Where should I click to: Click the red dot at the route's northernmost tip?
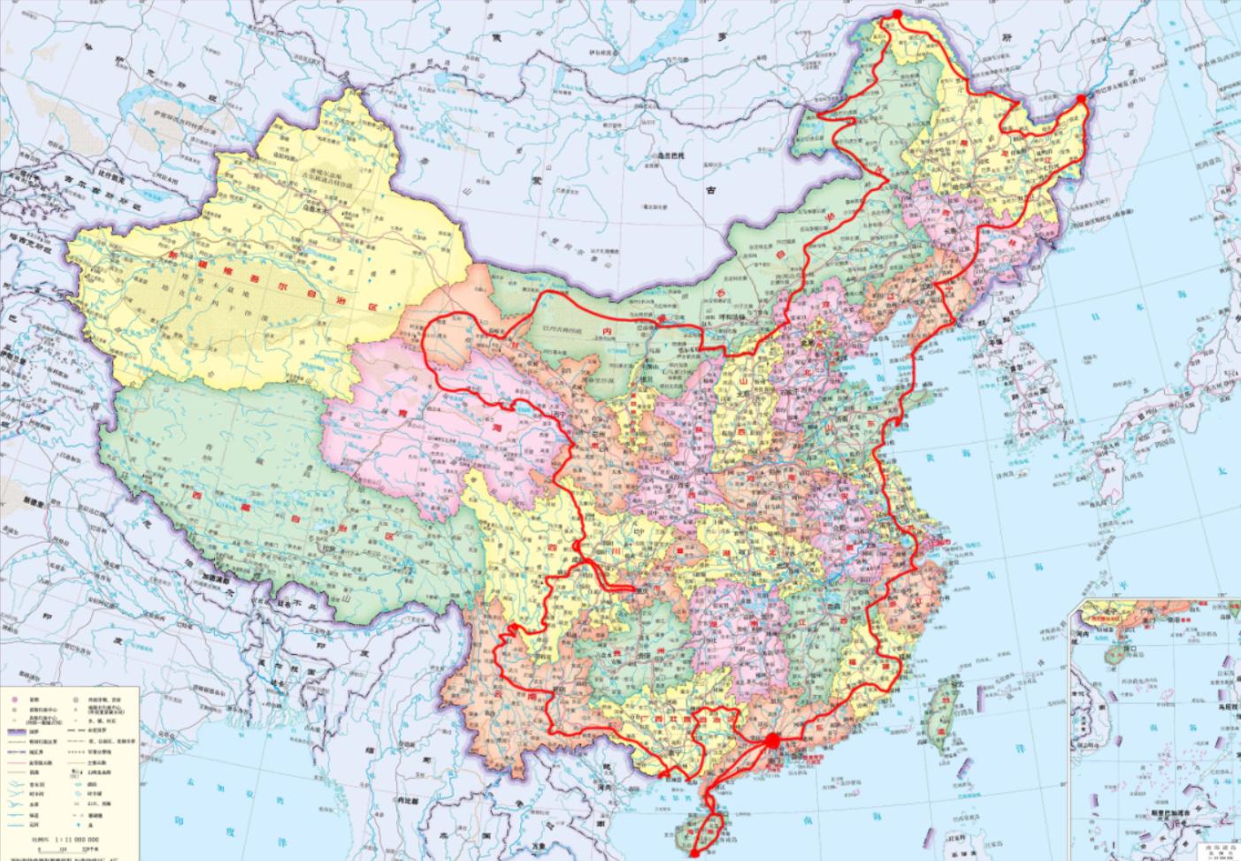point(896,14)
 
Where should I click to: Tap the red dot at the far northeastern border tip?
point(1081,105)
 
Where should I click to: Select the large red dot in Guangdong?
point(771,740)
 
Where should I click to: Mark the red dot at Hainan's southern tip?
point(695,854)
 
